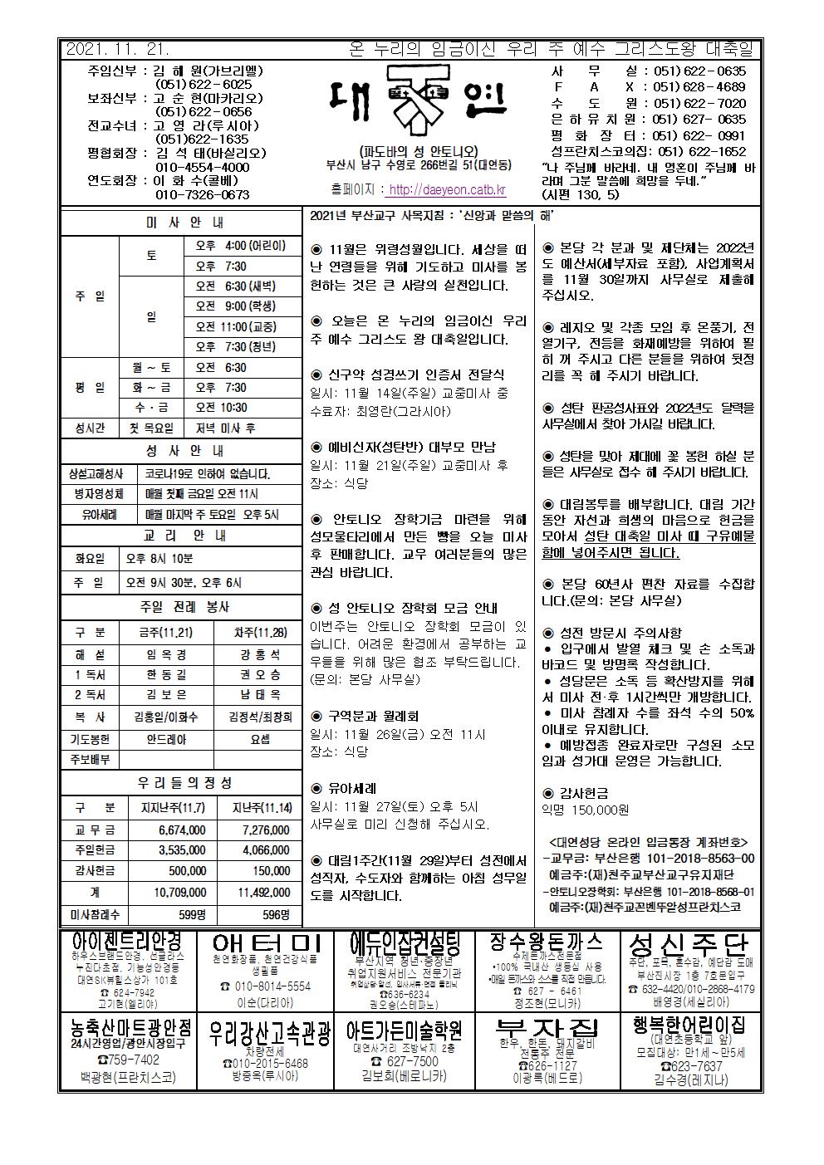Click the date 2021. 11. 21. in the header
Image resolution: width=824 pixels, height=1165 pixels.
(x=117, y=50)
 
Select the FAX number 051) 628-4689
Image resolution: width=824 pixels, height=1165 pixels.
(x=699, y=87)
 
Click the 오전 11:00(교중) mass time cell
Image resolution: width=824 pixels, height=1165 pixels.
(x=236, y=326)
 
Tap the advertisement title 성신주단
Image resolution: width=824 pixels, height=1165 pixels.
(x=689, y=944)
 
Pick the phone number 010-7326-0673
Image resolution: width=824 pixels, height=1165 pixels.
(x=203, y=195)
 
